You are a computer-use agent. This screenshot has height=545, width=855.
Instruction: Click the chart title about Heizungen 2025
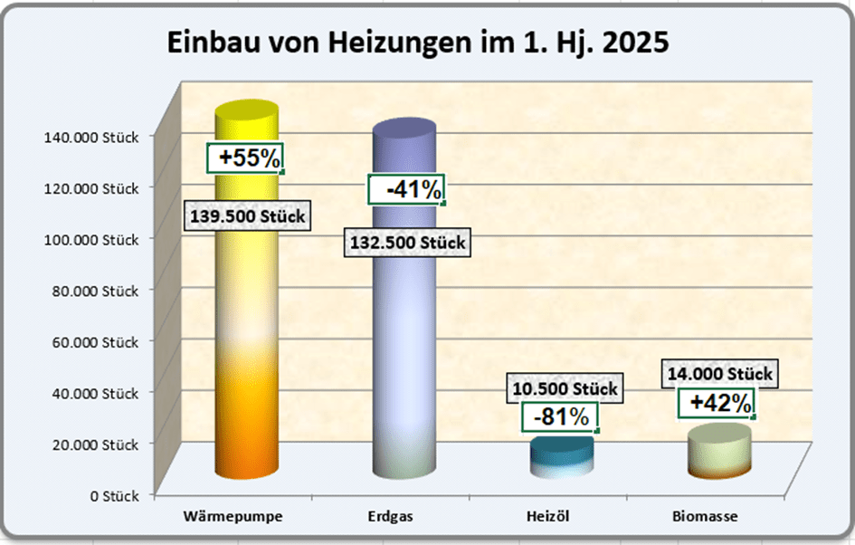[418, 43]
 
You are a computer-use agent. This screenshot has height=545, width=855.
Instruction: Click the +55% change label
[245, 158]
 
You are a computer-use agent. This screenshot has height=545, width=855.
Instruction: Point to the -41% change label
[406, 190]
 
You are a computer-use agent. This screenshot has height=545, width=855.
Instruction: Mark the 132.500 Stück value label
[406, 243]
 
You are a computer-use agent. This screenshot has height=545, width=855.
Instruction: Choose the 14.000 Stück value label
[719, 373]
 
